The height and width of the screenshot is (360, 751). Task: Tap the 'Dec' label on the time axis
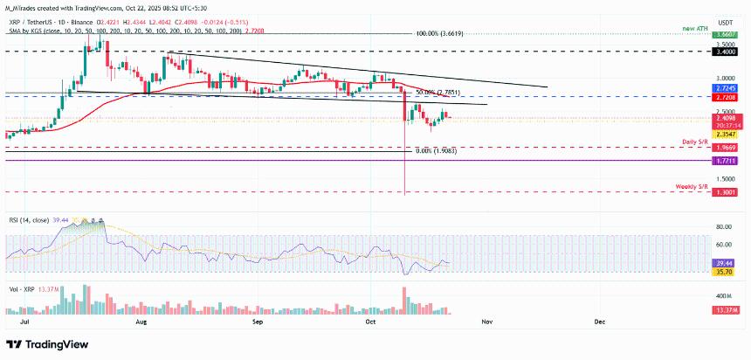click(x=599, y=322)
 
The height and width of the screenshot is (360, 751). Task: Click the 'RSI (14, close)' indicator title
click(x=26, y=222)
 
